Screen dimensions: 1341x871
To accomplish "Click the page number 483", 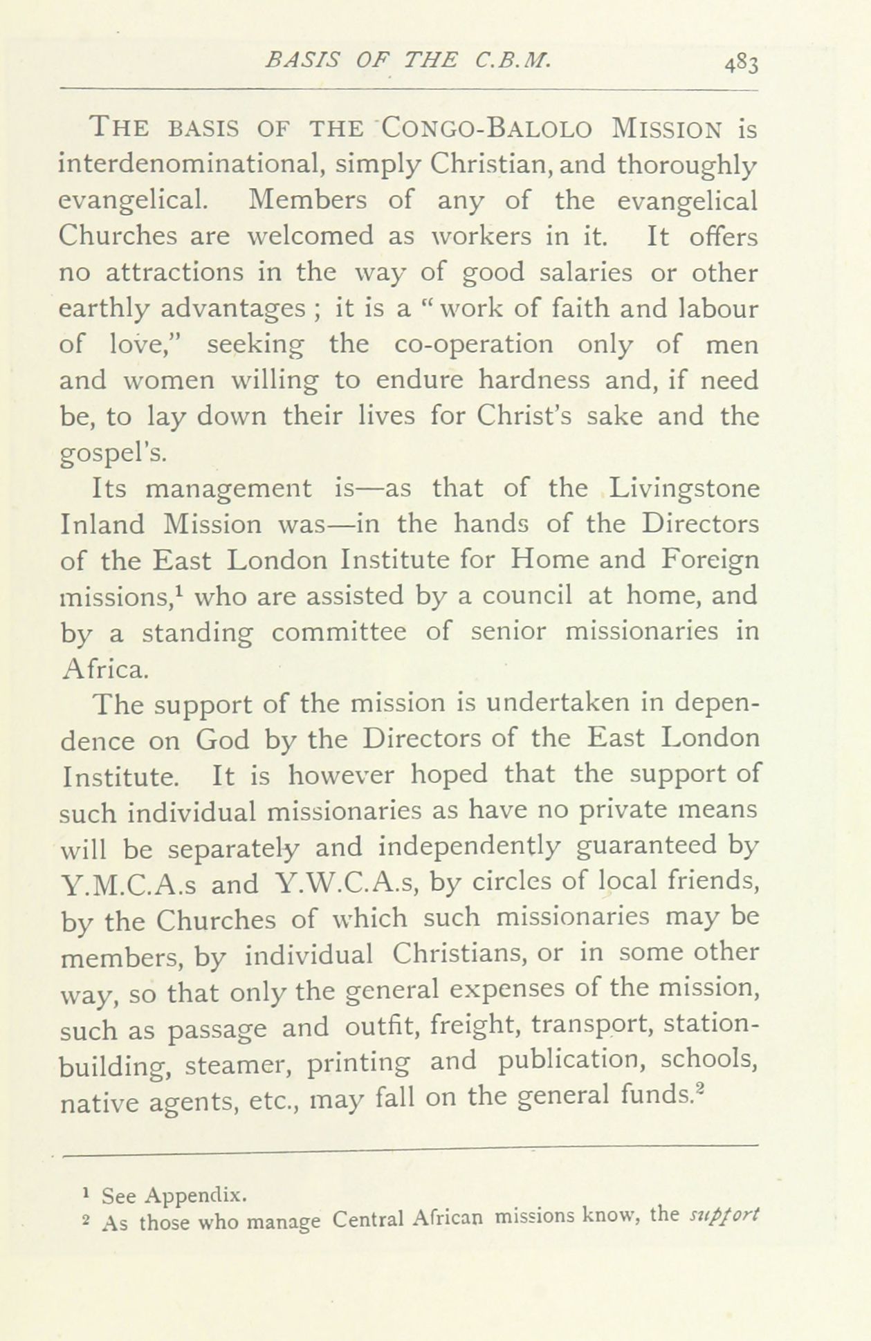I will [x=742, y=63].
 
